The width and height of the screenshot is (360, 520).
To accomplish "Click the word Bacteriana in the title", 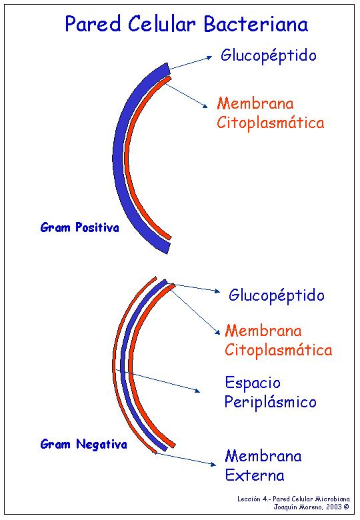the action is point(255,24).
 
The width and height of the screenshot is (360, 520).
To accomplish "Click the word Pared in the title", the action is point(93,24).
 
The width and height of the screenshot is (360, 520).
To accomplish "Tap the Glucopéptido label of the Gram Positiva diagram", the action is point(269,56).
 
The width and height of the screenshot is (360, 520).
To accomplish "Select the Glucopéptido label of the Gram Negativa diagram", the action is point(277,295).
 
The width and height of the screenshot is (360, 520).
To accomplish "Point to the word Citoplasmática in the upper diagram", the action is point(271,123).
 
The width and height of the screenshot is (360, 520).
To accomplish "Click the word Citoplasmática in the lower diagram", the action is point(279,350).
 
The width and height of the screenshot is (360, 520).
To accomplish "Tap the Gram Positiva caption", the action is point(79,227).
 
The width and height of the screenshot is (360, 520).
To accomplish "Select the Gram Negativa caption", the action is point(83,444).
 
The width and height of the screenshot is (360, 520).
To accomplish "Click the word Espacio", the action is point(253,383).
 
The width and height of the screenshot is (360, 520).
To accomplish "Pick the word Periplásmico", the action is point(271,402).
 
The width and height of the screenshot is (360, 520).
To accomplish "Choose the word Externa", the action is point(255,475).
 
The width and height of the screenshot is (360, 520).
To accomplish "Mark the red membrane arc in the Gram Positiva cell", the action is point(127,156).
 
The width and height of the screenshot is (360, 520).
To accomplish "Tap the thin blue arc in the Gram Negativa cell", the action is point(123,365).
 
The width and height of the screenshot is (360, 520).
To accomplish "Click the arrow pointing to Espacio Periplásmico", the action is point(158,381).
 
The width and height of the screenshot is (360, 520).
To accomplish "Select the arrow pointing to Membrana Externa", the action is point(186,459).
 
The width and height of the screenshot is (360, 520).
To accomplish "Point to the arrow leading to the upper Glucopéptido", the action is point(191,63).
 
